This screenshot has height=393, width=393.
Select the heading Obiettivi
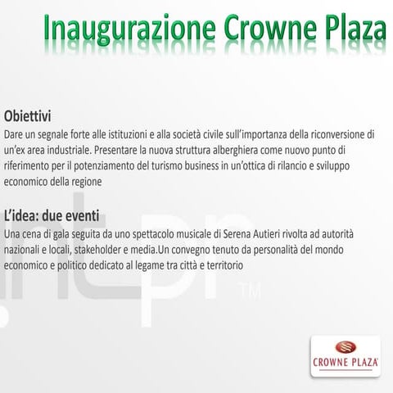coord(33,116)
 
